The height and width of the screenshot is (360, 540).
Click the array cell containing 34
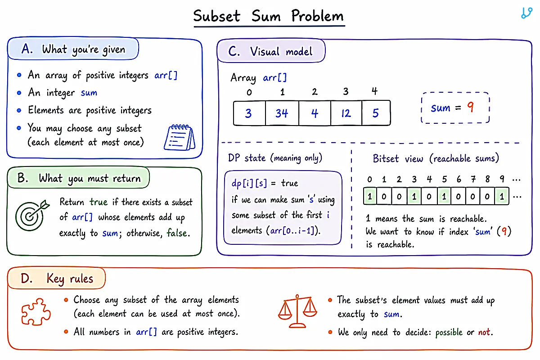tap(282, 113)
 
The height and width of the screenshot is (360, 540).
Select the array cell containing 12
tap(346, 113)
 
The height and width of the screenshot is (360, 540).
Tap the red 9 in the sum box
tap(470, 107)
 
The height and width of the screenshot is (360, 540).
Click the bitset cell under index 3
tap(414, 196)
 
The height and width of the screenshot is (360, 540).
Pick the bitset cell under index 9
tap(502, 196)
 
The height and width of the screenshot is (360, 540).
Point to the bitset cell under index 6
tap(458, 196)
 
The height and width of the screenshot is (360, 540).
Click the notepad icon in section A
tap(180, 137)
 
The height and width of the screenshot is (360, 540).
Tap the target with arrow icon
tap(32, 215)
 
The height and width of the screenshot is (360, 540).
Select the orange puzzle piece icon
tap(36, 312)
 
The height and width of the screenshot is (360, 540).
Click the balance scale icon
tap(297, 311)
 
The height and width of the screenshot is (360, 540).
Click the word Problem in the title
tap(317, 16)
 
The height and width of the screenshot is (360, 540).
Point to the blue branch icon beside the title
tap(527, 13)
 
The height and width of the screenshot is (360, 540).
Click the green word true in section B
tap(99, 202)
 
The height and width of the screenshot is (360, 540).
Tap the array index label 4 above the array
tap(374, 91)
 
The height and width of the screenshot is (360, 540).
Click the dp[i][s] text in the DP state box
tap(249, 183)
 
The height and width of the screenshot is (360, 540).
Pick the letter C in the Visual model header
tap(234, 51)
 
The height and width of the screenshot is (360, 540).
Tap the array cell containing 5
tap(376, 113)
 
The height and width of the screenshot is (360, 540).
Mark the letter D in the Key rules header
tap(27, 279)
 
